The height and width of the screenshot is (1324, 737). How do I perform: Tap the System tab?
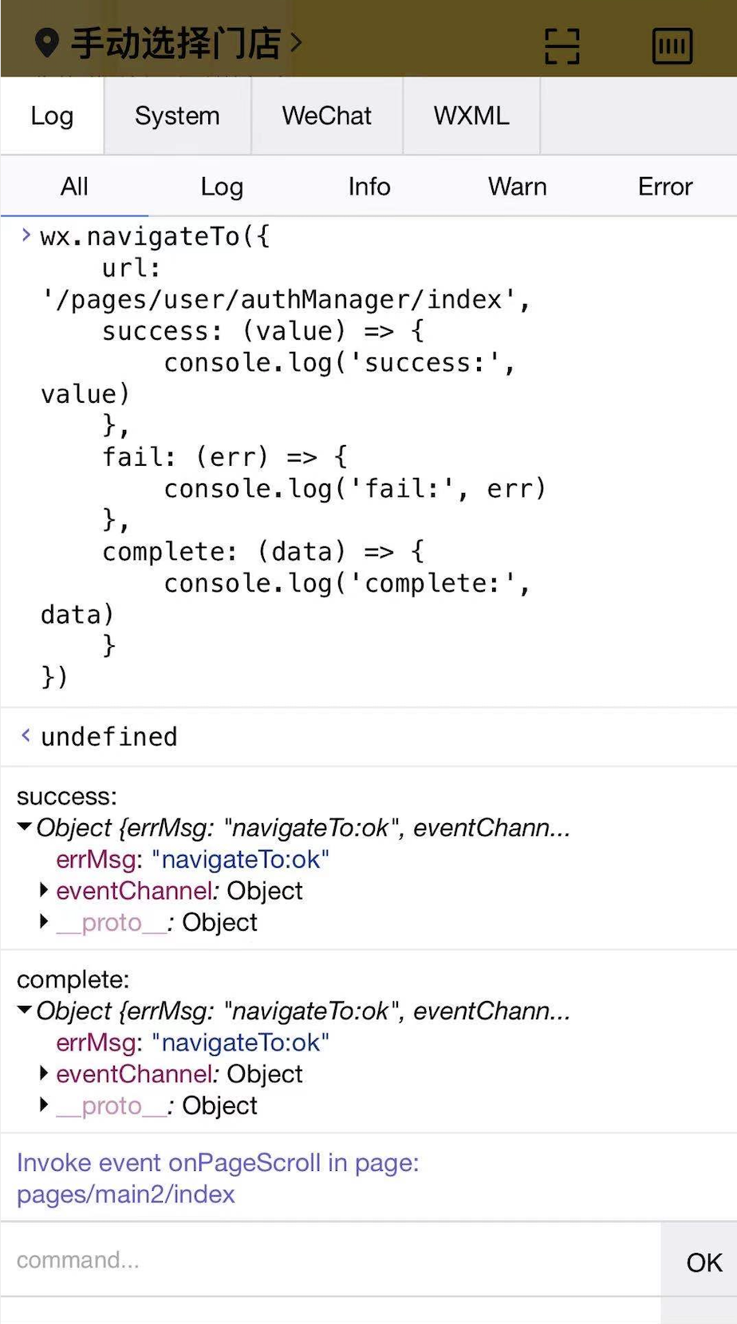177,116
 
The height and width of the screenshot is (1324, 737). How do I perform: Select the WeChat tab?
327,116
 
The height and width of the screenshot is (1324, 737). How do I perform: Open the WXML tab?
471,116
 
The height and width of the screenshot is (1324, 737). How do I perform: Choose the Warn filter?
517,187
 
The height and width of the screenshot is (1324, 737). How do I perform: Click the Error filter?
664,187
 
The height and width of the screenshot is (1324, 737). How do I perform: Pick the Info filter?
368,187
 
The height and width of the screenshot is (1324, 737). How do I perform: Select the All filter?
74,187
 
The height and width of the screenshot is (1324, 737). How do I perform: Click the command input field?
330,1260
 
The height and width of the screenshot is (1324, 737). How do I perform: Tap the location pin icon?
47,43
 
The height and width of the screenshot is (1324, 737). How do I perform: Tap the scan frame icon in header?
562,45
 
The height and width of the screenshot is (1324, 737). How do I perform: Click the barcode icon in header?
672,45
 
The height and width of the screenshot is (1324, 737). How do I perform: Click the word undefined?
109,737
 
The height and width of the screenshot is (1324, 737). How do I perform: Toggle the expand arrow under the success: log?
25,827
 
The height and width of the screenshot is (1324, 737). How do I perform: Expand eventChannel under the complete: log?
45,1074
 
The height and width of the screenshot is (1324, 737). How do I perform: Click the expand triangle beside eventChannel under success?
45,890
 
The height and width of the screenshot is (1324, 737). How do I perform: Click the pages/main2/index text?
126,1195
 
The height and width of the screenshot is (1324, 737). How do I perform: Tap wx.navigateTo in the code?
140,237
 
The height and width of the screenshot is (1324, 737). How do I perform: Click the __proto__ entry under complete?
112,1106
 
